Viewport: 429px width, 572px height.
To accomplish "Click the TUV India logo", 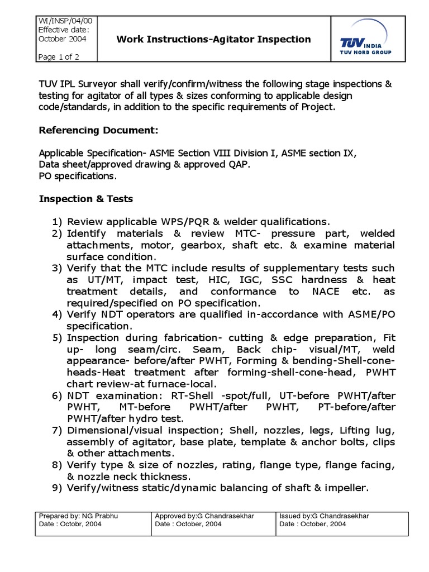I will (365, 44).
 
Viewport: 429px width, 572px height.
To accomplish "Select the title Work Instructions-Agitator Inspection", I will (213, 39).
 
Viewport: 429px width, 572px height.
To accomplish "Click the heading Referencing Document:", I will (98, 130).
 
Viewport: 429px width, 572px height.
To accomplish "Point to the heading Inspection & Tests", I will (85, 199).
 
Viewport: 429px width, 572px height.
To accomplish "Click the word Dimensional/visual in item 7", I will (110, 430).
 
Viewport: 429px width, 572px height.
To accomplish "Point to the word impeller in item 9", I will (347, 488).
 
